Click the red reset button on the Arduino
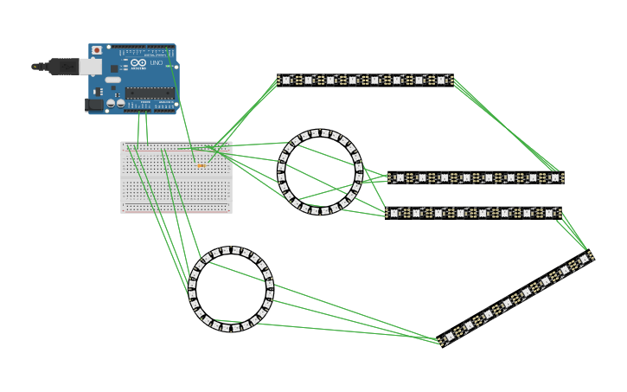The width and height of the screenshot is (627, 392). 96,50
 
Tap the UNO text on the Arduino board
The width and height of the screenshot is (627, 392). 157,63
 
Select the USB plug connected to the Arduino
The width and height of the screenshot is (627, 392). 66,67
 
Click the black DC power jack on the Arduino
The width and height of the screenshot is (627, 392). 94,106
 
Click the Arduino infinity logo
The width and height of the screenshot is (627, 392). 139,63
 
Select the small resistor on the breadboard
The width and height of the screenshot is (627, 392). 202,165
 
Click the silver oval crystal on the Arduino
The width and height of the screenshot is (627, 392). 113,80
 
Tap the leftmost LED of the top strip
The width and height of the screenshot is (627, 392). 286,80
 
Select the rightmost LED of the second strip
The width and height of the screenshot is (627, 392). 554,178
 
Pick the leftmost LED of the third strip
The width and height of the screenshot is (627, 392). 394,213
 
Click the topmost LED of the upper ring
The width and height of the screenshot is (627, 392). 320,133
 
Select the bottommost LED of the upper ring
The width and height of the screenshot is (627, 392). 320,210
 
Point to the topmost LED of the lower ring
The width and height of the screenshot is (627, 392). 230,250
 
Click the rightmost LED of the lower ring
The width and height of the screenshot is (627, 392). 270,289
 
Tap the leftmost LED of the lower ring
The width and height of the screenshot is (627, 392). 192,289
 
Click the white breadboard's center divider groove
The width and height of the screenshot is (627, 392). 176,177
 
